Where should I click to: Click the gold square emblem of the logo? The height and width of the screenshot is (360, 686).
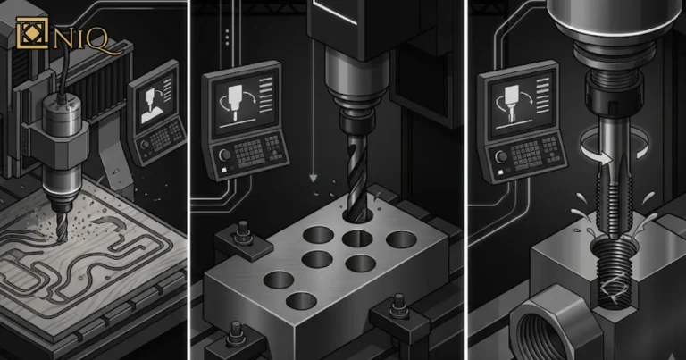point(31,33)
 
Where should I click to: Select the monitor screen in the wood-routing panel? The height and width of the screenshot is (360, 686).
point(155,105)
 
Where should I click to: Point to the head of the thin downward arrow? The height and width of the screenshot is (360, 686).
point(313,178)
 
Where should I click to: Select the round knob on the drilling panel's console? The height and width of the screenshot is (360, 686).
point(225,155)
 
